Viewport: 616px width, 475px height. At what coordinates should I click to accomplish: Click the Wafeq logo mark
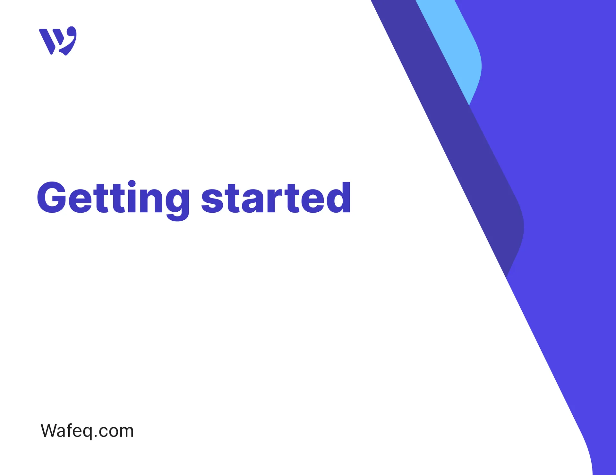[58, 41]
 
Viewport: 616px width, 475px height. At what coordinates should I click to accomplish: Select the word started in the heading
[276, 198]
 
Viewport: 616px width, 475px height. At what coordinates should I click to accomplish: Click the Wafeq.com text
[87, 431]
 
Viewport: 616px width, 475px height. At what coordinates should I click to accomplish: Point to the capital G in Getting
[51, 197]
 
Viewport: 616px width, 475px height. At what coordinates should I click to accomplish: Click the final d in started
[339, 198]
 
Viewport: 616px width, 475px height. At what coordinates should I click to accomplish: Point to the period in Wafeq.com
[96, 436]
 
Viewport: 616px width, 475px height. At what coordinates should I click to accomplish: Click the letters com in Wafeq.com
[116, 431]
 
